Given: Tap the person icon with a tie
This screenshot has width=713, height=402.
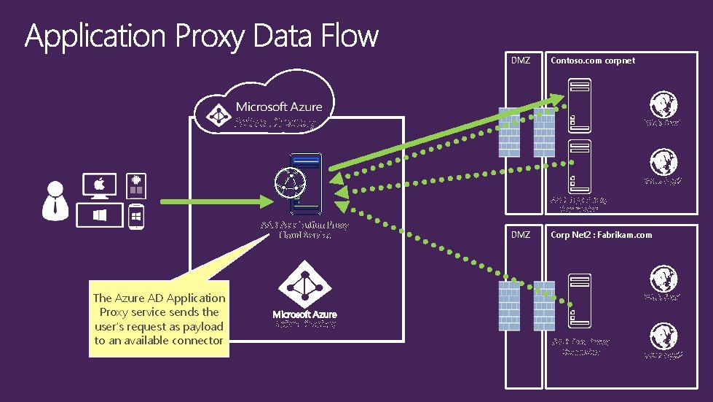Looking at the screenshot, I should click(x=55, y=200).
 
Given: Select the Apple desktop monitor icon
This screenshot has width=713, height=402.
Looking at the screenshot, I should click(x=100, y=187).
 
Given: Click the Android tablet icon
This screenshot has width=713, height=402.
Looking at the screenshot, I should click(x=135, y=185).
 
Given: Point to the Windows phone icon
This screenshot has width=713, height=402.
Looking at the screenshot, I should click(x=135, y=217).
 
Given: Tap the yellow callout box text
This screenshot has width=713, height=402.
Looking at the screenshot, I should click(x=159, y=319).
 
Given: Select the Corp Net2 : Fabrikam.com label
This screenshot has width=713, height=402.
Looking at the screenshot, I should click(x=601, y=235).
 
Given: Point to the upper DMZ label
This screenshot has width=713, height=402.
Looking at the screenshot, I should click(x=519, y=61).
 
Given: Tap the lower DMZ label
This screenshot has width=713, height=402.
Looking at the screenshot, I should click(x=520, y=235).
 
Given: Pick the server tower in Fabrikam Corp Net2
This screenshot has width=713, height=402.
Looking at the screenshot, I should click(x=580, y=299).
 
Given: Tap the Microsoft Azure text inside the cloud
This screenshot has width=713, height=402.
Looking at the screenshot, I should click(x=278, y=107).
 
